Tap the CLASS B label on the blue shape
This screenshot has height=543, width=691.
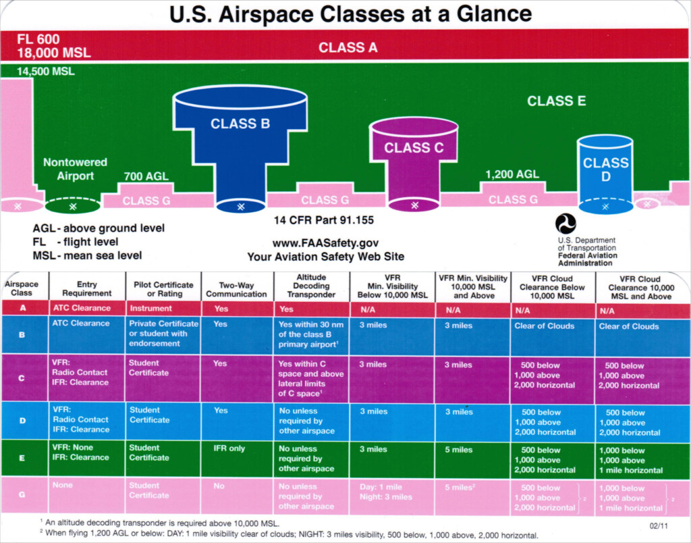240,124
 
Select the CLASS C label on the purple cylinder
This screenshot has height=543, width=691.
414,148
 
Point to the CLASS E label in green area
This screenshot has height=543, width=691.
556,101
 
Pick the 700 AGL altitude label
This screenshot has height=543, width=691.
146,177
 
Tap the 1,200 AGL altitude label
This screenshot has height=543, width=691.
512,174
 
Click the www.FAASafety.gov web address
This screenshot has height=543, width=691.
325,243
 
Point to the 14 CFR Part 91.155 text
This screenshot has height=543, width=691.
324,220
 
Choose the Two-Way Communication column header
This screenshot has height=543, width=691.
236,289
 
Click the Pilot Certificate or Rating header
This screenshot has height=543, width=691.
163,289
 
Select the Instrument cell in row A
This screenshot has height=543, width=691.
151,309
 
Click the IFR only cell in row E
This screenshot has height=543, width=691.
229,448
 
